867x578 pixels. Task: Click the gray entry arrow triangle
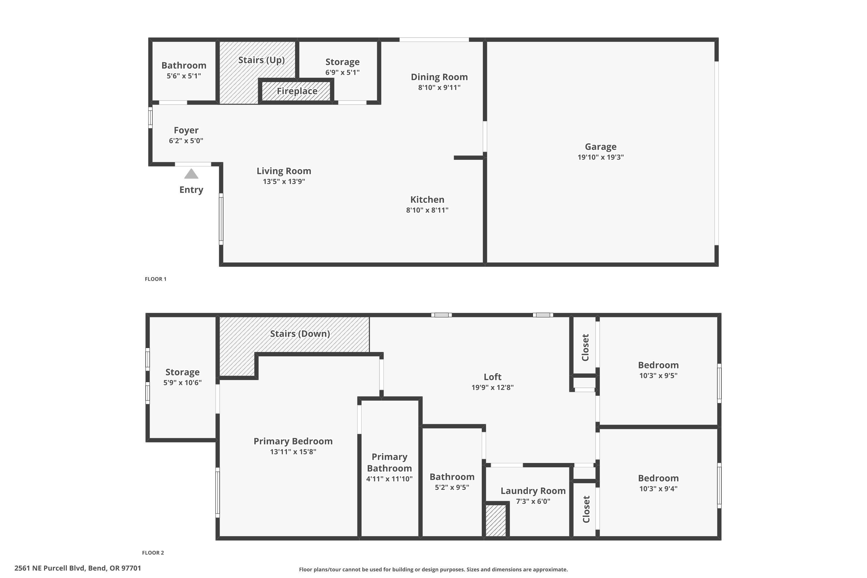pyautogui.click(x=191, y=174)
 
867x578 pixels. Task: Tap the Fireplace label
pyautogui.click(x=297, y=91)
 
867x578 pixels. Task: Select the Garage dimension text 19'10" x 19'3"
pyautogui.click(x=601, y=157)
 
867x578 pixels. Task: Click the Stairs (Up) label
pyautogui.click(x=261, y=60)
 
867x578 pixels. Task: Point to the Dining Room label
pyautogui.click(x=439, y=77)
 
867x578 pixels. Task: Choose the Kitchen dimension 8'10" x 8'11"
pyautogui.click(x=427, y=210)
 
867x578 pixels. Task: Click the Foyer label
pyautogui.click(x=186, y=130)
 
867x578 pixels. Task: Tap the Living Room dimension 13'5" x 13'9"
pyautogui.click(x=284, y=181)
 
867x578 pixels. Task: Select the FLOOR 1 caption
pyautogui.click(x=155, y=279)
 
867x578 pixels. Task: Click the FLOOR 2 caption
pyautogui.click(x=153, y=553)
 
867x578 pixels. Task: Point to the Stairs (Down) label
pyautogui.click(x=300, y=334)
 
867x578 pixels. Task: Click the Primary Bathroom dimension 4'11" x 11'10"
pyautogui.click(x=389, y=479)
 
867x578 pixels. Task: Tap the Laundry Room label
pyautogui.click(x=533, y=491)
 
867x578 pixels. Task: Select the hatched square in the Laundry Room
pyautogui.click(x=496, y=520)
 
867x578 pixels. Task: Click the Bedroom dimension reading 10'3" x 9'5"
pyautogui.click(x=658, y=376)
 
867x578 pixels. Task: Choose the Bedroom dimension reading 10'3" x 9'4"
pyautogui.click(x=658, y=489)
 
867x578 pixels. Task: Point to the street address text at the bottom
pyautogui.click(x=78, y=568)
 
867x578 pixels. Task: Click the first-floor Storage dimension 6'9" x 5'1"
pyautogui.click(x=342, y=72)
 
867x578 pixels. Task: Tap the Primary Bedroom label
pyautogui.click(x=293, y=441)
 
